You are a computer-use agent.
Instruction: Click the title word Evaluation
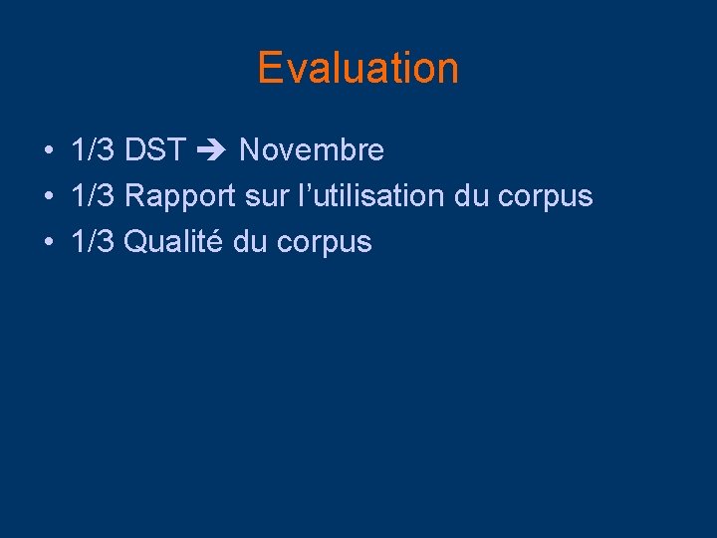point(358,68)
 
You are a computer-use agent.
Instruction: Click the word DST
point(154,150)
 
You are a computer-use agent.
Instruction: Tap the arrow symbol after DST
point(211,151)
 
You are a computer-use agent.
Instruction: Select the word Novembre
point(312,150)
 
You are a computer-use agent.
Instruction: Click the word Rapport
point(180,196)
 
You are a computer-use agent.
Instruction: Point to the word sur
point(265,196)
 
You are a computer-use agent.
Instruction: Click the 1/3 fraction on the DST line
point(94,150)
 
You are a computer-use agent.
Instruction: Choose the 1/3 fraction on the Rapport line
point(94,196)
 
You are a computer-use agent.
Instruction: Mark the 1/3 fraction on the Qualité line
point(94,242)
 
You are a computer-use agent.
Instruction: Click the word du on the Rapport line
point(471,196)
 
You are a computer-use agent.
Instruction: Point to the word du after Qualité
point(250,242)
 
